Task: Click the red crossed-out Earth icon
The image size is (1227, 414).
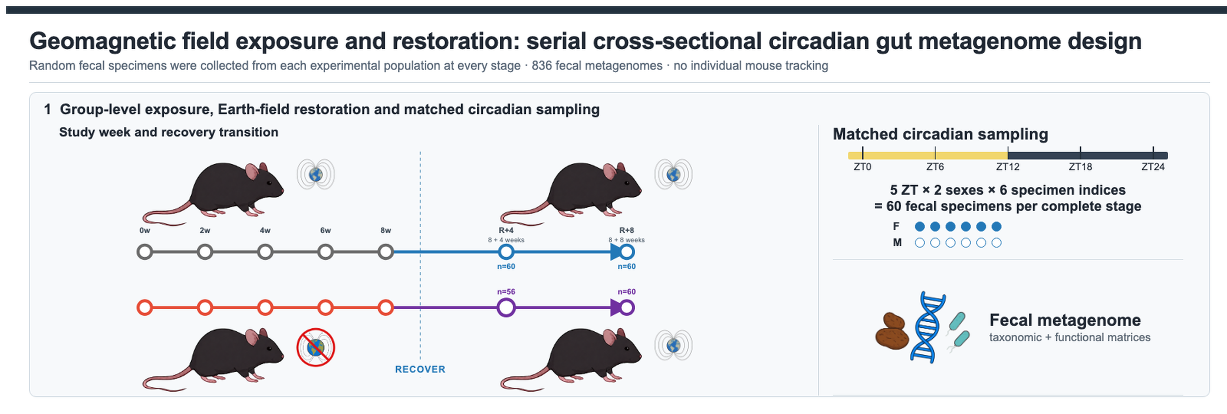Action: tap(315, 347)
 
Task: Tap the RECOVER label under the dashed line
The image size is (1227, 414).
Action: tap(420, 369)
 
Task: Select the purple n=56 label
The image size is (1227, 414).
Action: tap(506, 292)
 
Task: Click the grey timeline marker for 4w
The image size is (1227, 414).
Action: tap(265, 252)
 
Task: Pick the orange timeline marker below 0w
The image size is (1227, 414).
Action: tap(145, 307)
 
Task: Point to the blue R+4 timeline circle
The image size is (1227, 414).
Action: tap(506, 252)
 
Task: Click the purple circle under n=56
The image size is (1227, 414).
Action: tap(506, 307)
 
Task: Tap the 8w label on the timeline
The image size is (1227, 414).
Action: tap(386, 230)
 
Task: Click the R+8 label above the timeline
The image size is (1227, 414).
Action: tap(626, 230)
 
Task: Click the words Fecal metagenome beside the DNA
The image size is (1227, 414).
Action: tap(1065, 320)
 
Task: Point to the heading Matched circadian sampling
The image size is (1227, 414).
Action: tap(940, 134)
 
